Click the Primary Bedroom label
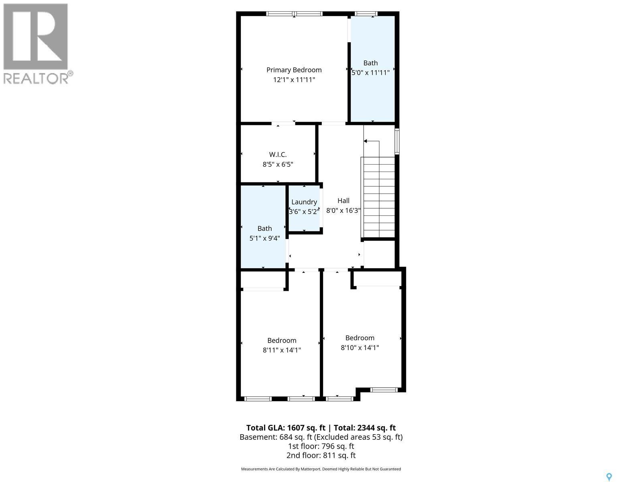pyautogui.click(x=294, y=70)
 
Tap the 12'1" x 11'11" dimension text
pyautogui.click(x=294, y=80)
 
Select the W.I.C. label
pyautogui.click(x=278, y=154)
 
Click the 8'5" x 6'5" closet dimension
pyautogui.click(x=278, y=164)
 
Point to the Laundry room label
pyautogui.click(x=304, y=202)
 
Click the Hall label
pyautogui.click(x=343, y=201)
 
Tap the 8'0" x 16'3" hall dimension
pyautogui.click(x=343, y=210)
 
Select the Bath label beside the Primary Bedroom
pyautogui.click(x=370, y=63)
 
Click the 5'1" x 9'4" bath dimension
pyautogui.click(x=264, y=238)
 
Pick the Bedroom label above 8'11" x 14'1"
pyautogui.click(x=282, y=341)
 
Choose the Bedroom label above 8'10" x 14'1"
pyautogui.click(x=360, y=338)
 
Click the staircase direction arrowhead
pyautogui.click(x=366, y=141)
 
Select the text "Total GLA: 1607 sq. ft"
pyautogui.click(x=285, y=428)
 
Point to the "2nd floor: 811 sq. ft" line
pyautogui.click(x=321, y=455)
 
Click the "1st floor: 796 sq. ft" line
pyautogui.click(x=321, y=446)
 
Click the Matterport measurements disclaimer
pyautogui.click(x=321, y=469)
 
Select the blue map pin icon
pyautogui.click(x=609, y=477)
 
